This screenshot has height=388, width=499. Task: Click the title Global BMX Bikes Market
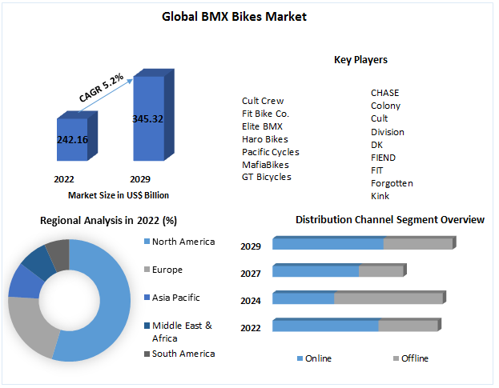234,16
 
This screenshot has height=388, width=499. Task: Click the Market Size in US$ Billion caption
119,195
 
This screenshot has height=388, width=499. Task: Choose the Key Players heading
360,60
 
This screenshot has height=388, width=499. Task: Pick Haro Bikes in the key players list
265,139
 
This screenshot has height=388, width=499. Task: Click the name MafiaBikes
266,165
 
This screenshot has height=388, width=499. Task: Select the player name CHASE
384,93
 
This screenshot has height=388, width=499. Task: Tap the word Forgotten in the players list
392,183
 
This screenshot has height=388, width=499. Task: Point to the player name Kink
380,196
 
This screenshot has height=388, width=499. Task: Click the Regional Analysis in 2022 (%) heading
108,220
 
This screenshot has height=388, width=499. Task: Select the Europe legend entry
167,270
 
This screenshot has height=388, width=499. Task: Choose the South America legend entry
183,354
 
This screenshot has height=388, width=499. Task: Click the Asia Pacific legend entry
175,298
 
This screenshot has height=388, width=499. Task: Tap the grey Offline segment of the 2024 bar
388,298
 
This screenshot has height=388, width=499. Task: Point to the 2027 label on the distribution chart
251,274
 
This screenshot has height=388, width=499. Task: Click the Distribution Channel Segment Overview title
390,219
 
